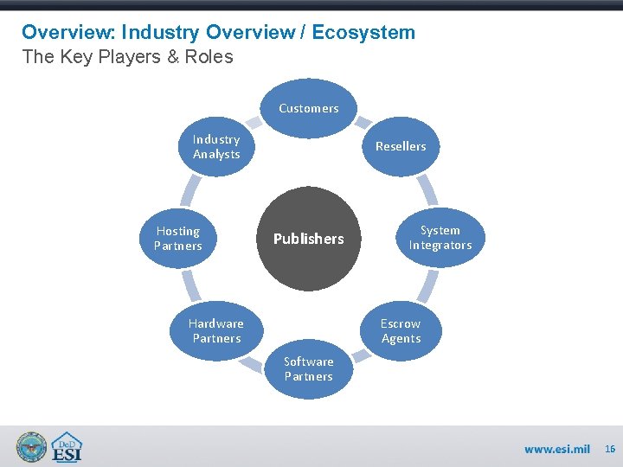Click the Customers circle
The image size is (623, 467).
pos(308,109)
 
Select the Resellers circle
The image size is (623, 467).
pos(401,146)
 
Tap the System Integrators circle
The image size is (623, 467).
pos(440,238)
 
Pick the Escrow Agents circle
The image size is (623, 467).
pos(401,330)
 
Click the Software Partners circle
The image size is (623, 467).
pos(308,369)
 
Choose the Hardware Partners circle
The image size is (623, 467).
pos(216,330)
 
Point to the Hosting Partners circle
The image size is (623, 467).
pos(177,239)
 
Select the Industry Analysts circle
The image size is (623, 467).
pos(216,146)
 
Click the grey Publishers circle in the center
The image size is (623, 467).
pos(308,239)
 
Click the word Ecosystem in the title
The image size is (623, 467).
pos(363,33)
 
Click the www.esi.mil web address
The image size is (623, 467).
pos(556,449)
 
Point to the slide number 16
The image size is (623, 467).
pos(610,449)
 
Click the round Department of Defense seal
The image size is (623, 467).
pos(31,446)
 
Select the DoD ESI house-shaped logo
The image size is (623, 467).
pos(67,447)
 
